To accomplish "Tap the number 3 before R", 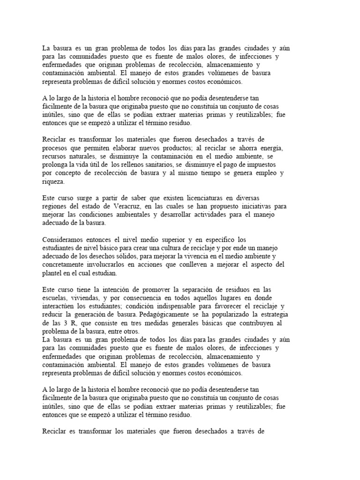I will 68,324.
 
